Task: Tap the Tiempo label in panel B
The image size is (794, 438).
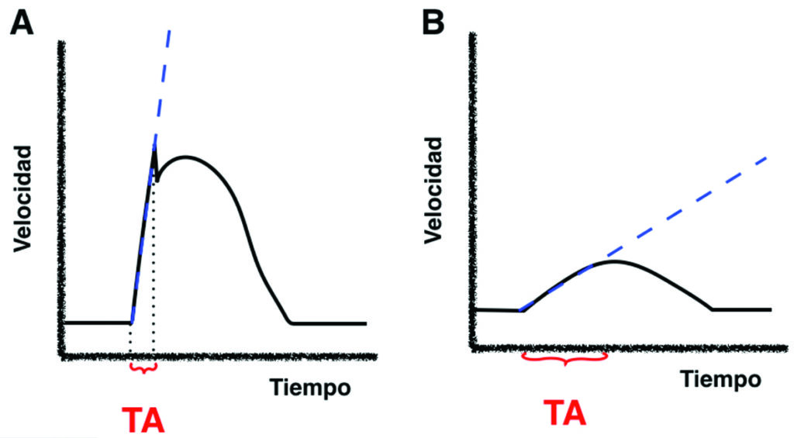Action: click(x=721, y=379)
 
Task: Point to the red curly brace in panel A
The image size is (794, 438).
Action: click(x=143, y=367)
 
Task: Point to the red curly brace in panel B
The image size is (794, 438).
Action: click(x=564, y=359)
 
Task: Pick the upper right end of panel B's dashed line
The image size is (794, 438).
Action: click(x=766, y=157)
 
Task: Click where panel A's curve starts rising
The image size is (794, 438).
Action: click(x=130, y=322)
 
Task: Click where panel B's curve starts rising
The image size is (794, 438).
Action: click(x=521, y=310)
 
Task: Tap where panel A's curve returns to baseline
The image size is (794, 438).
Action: click(x=291, y=322)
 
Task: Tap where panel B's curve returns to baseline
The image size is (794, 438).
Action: click(x=712, y=309)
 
